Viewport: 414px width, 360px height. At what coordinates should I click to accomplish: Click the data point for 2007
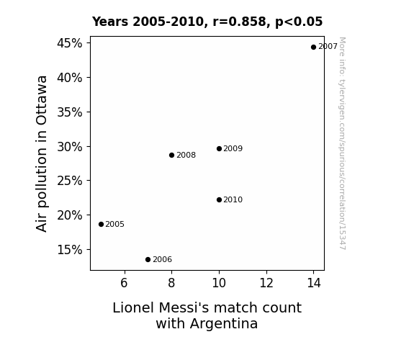[x=313, y=48]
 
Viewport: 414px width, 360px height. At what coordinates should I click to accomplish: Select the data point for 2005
[x=101, y=224]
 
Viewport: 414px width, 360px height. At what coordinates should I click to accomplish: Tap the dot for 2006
[x=148, y=260]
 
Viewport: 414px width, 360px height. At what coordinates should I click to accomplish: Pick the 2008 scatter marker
[x=171, y=155]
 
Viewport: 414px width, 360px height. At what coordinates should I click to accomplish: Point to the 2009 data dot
[x=219, y=149]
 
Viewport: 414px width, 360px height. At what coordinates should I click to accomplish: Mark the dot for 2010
[x=219, y=199]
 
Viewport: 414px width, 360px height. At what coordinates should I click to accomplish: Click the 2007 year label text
[x=328, y=47]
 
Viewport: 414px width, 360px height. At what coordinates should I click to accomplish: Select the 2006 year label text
[x=163, y=260]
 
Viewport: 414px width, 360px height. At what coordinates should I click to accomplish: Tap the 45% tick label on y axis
[x=70, y=43]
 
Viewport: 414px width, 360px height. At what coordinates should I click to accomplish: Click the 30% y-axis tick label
[x=70, y=147]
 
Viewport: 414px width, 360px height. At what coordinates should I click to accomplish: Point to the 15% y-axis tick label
[x=70, y=250]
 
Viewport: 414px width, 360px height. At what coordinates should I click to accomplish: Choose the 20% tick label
[x=70, y=215]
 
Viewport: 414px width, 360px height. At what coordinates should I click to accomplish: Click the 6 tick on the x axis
[x=124, y=283]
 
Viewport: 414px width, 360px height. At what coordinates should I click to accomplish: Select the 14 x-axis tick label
[x=314, y=283]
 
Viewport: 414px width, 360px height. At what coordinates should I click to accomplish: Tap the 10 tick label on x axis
[x=219, y=283]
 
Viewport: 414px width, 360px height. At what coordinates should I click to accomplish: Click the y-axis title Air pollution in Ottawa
[x=42, y=154]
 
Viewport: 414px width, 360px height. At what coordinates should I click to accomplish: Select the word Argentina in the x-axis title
[x=224, y=323]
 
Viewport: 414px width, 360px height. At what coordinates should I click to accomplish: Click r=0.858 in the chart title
[x=239, y=22]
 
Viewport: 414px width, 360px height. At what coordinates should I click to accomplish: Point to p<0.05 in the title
[x=299, y=22]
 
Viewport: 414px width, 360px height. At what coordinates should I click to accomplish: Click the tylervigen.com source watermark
[x=343, y=143]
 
